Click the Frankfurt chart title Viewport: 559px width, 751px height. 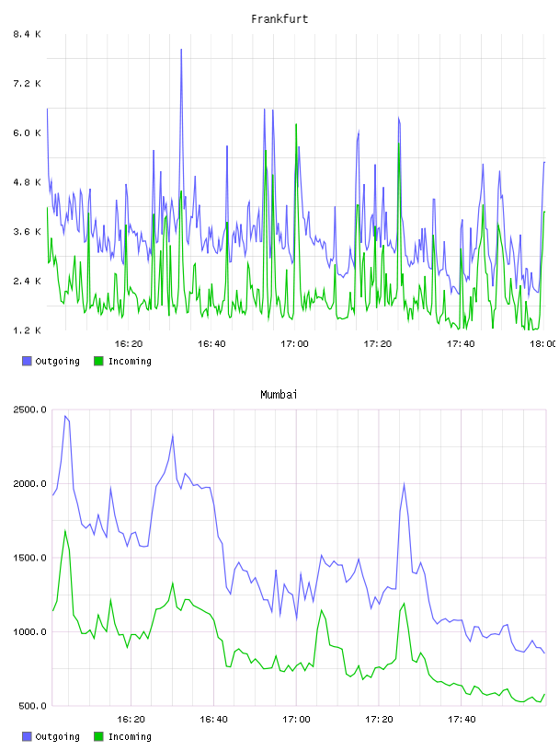(279, 18)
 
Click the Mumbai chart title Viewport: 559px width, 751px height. (279, 394)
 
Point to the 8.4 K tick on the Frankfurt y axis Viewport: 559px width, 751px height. (28, 34)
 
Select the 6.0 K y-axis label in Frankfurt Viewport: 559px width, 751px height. (28, 133)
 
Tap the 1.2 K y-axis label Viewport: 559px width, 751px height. (28, 330)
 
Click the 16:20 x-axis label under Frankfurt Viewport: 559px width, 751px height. (129, 343)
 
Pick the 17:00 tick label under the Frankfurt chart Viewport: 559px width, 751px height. (294, 343)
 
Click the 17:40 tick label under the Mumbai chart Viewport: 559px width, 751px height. (462, 719)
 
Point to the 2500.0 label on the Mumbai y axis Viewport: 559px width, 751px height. (30, 410)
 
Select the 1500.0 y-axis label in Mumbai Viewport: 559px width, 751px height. (30, 558)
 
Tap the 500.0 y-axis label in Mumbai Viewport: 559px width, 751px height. (32, 706)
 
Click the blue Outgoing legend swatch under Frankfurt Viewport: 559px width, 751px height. (27, 361)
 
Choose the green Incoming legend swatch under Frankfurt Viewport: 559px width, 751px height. (98, 361)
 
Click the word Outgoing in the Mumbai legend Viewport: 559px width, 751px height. (57, 736)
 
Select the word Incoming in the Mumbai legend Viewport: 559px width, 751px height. (130, 736)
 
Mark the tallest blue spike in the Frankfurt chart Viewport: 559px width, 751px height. (181, 50)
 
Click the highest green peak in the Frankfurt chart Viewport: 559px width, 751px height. (296, 124)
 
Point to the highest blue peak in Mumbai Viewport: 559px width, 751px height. (65, 416)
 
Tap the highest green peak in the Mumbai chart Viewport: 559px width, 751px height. (65, 531)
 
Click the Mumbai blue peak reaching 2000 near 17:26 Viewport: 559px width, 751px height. (404, 484)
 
